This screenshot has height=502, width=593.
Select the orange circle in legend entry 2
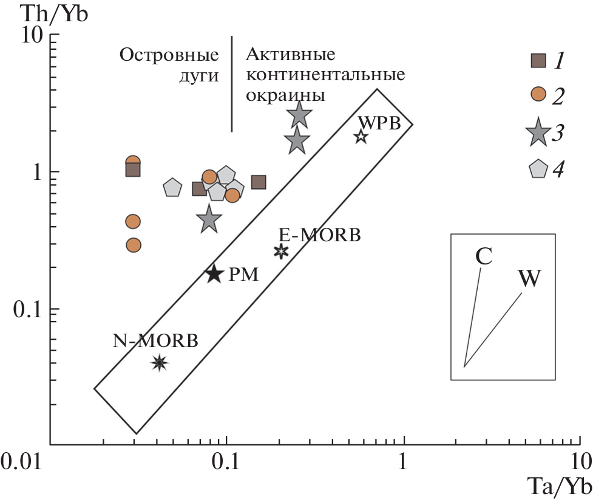[538, 94]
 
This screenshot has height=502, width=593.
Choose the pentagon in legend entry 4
[538, 169]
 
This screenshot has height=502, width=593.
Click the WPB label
[380, 122]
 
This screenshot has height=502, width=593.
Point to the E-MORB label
[320, 234]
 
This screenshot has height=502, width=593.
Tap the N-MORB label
[156, 341]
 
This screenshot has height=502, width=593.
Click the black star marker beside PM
[214, 274]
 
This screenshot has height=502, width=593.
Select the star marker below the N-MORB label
[159, 363]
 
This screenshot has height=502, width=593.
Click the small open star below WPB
[361, 136]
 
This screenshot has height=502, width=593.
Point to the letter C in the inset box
[483, 256]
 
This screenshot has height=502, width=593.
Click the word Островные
[169, 55]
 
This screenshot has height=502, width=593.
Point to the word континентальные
[325, 75]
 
